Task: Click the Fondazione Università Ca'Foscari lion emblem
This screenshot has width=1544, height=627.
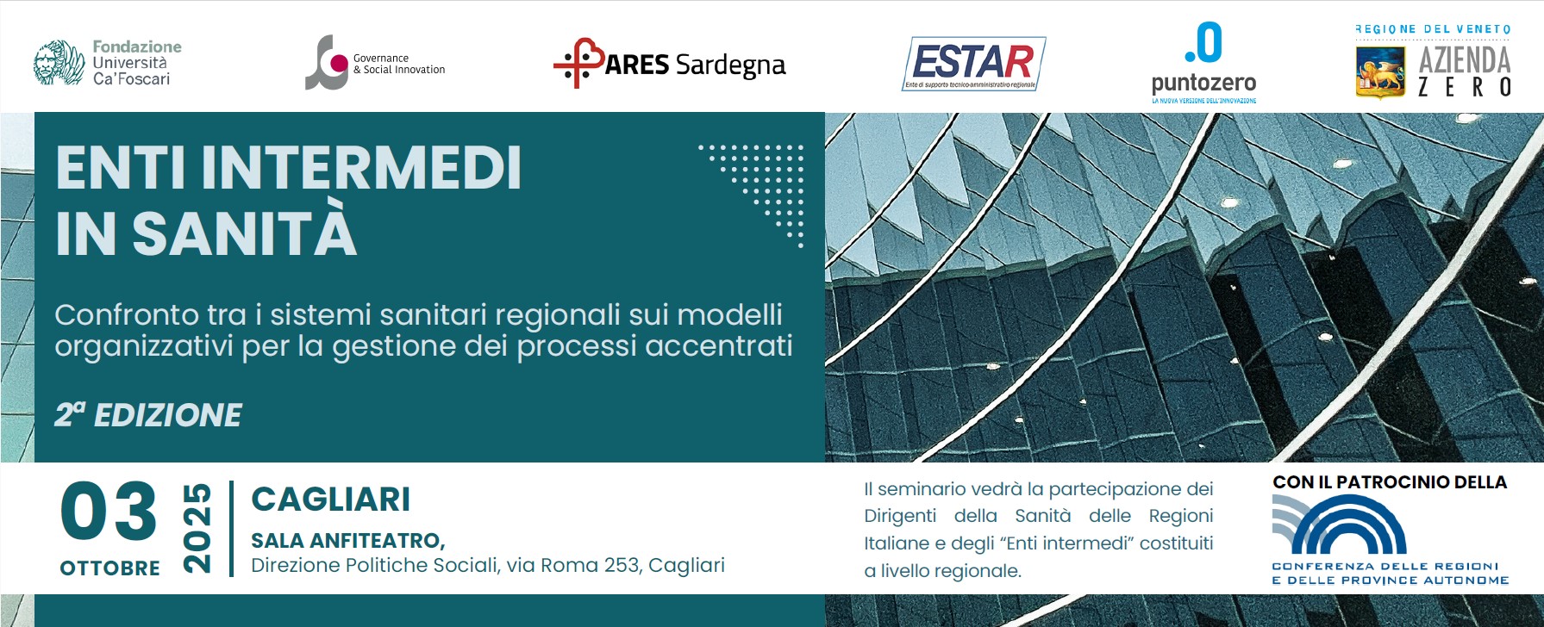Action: click(59, 63)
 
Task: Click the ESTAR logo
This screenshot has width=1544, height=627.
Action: click(974, 63)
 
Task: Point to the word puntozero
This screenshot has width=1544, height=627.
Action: click(1203, 84)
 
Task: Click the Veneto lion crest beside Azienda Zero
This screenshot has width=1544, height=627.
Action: click(1379, 72)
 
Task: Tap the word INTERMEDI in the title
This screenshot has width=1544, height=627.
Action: click(361, 168)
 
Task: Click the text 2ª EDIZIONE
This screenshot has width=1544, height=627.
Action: click(148, 415)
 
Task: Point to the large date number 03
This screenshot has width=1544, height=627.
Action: click(109, 512)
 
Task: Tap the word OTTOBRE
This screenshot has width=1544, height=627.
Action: click(109, 568)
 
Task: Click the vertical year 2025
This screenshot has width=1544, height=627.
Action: click(197, 528)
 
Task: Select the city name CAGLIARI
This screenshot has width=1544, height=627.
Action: click(330, 500)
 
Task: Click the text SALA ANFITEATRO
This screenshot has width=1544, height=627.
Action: click(347, 541)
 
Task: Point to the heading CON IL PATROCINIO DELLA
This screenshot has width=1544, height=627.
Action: click(1390, 482)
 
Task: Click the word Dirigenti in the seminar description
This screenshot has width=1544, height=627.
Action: click(900, 516)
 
